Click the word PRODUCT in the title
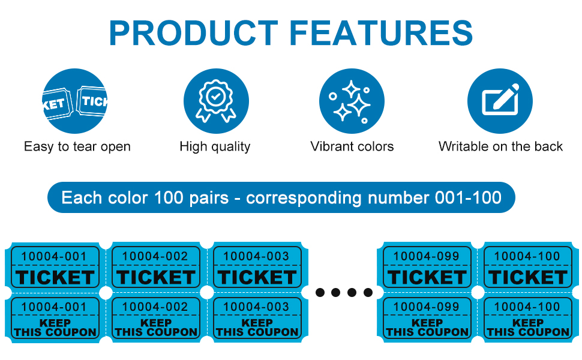coord(193,33)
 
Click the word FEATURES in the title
coord(381,33)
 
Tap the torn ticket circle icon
coord(75,101)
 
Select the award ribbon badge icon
coord(216,101)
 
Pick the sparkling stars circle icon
coord(352,101)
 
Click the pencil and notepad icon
coord(500,101)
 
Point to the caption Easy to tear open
coord(77,146)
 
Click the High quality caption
coord(215,146)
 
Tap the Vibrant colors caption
coord(352,146)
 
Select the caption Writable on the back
coord(500,146)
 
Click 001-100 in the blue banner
coord(468,197)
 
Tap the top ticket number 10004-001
coord(54,256)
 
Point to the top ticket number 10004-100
coord(527,256)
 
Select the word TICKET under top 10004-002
coord(156,277)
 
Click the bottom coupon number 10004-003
coord(256,307)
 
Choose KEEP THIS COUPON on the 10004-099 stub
coord(427,328)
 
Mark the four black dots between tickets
coord(344,292)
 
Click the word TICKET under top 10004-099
coord(427,277)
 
